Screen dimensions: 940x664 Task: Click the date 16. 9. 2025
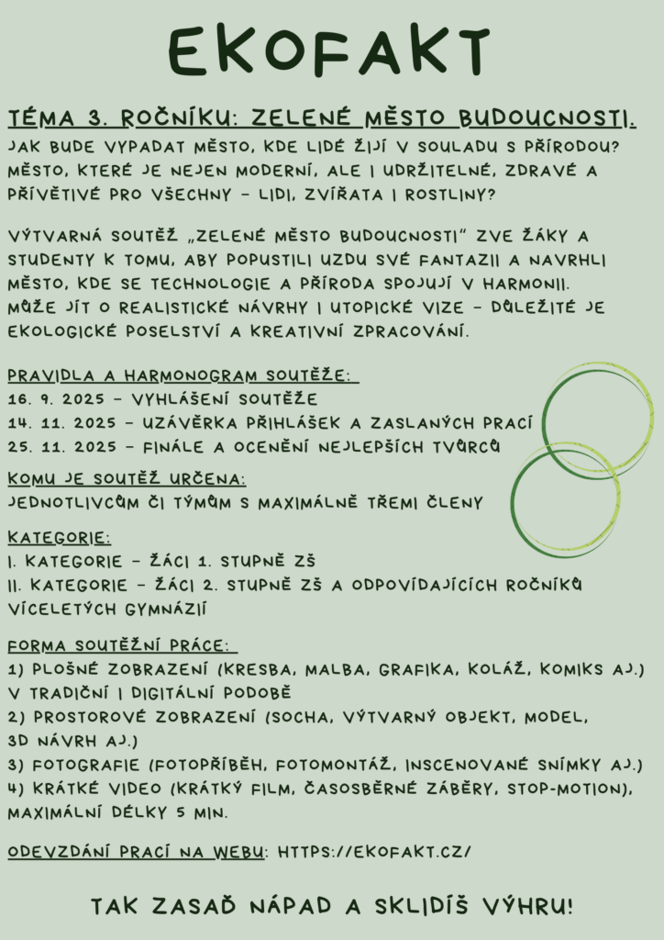[62, 399]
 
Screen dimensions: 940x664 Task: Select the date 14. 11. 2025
[62, 423]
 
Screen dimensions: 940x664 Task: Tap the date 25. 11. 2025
[62, 447]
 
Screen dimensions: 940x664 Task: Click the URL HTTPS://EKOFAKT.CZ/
[374, 852]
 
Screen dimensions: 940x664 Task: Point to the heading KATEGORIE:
[59, 537]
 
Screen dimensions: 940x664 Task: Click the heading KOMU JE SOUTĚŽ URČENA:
[127, 479]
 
